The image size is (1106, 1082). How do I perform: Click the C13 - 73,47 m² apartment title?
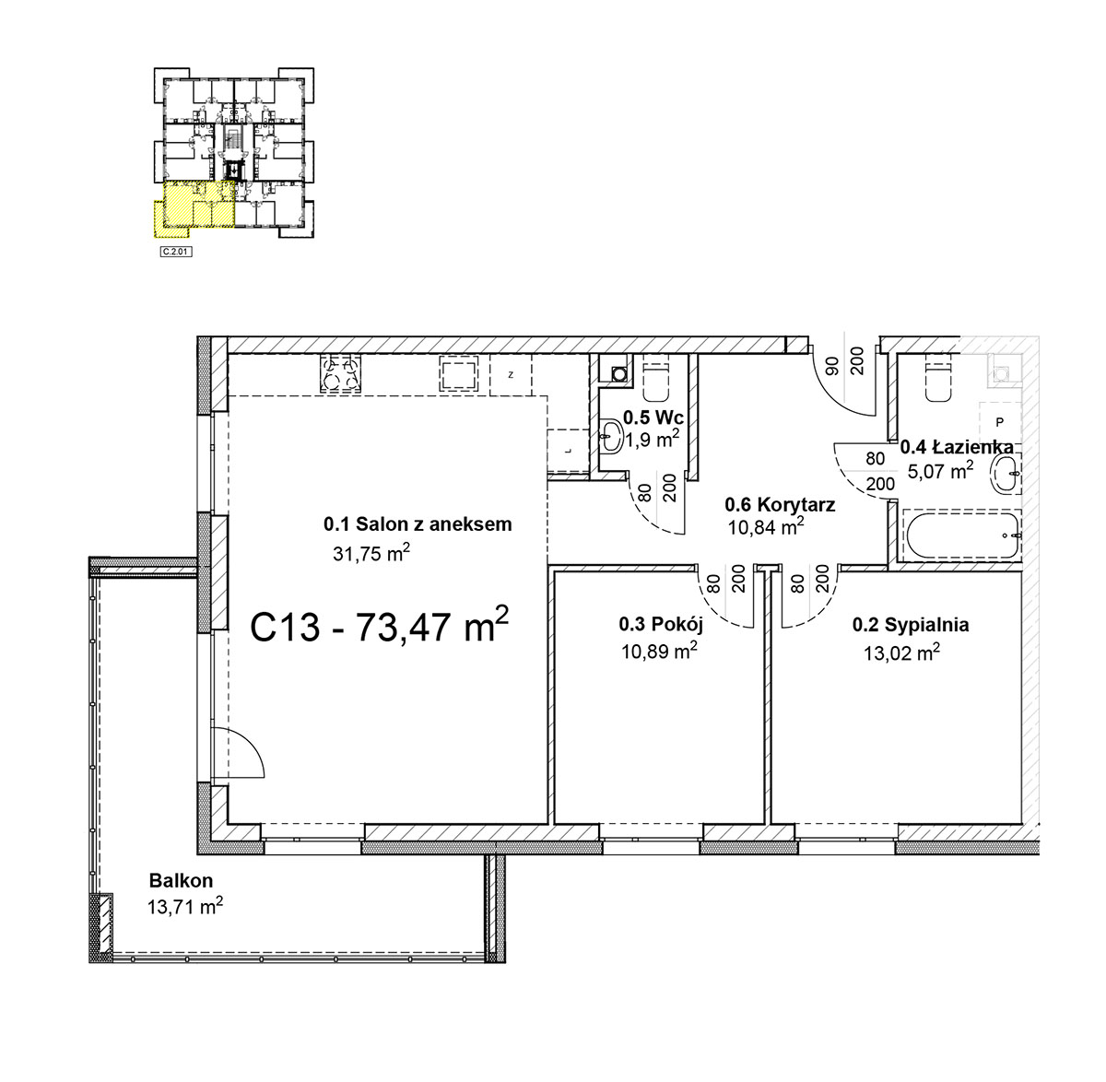[x=379, y=626]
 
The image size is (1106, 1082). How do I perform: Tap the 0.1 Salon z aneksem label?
[x=418, y=524]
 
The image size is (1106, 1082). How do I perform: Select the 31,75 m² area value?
[x=371, y=552]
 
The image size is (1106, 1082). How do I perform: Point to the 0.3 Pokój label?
[x=661, y=625]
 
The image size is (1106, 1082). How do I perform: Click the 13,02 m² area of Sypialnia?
[x=902, y=653]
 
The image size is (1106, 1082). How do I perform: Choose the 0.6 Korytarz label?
[x=780, y=504]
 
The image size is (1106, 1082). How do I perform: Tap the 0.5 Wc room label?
[x=653, y=418]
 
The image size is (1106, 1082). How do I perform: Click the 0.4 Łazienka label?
[x=957, y=447]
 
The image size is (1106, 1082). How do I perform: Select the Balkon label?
[x=181, y=881]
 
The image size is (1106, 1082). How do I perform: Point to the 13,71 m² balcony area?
[x=184, y=906]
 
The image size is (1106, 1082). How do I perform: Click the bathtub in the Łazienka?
[x=960, y=535]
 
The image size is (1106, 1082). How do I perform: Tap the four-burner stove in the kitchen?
[x=340, y=373]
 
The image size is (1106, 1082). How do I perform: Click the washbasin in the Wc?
[x=612, y=437]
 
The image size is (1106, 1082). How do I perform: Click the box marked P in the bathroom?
[x=1000, y=422]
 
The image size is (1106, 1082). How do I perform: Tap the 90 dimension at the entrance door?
[x=833, y=366]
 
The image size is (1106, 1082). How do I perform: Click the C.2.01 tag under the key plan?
[x=176, y=252]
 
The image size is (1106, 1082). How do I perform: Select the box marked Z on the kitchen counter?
[x=511, y=375]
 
